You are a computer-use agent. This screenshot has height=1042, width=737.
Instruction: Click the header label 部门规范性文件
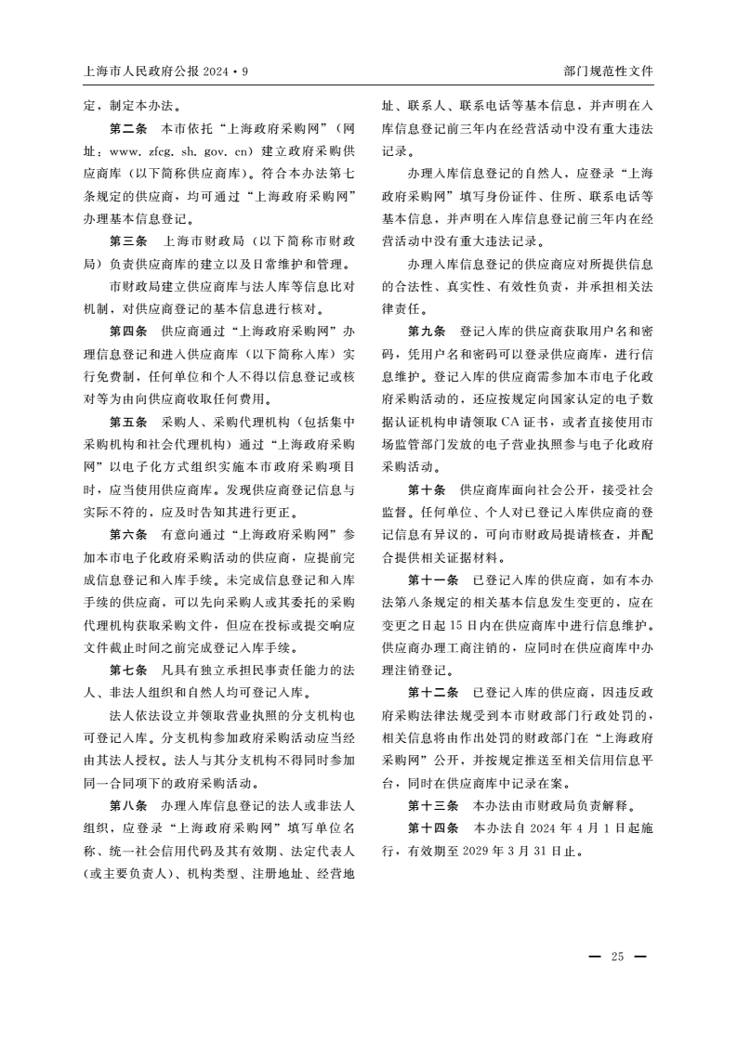click(x=608, y=71)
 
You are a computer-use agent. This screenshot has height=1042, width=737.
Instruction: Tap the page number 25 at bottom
click(x=617, y=957)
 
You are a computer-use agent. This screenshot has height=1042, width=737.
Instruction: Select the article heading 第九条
click(x=428, y=331)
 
